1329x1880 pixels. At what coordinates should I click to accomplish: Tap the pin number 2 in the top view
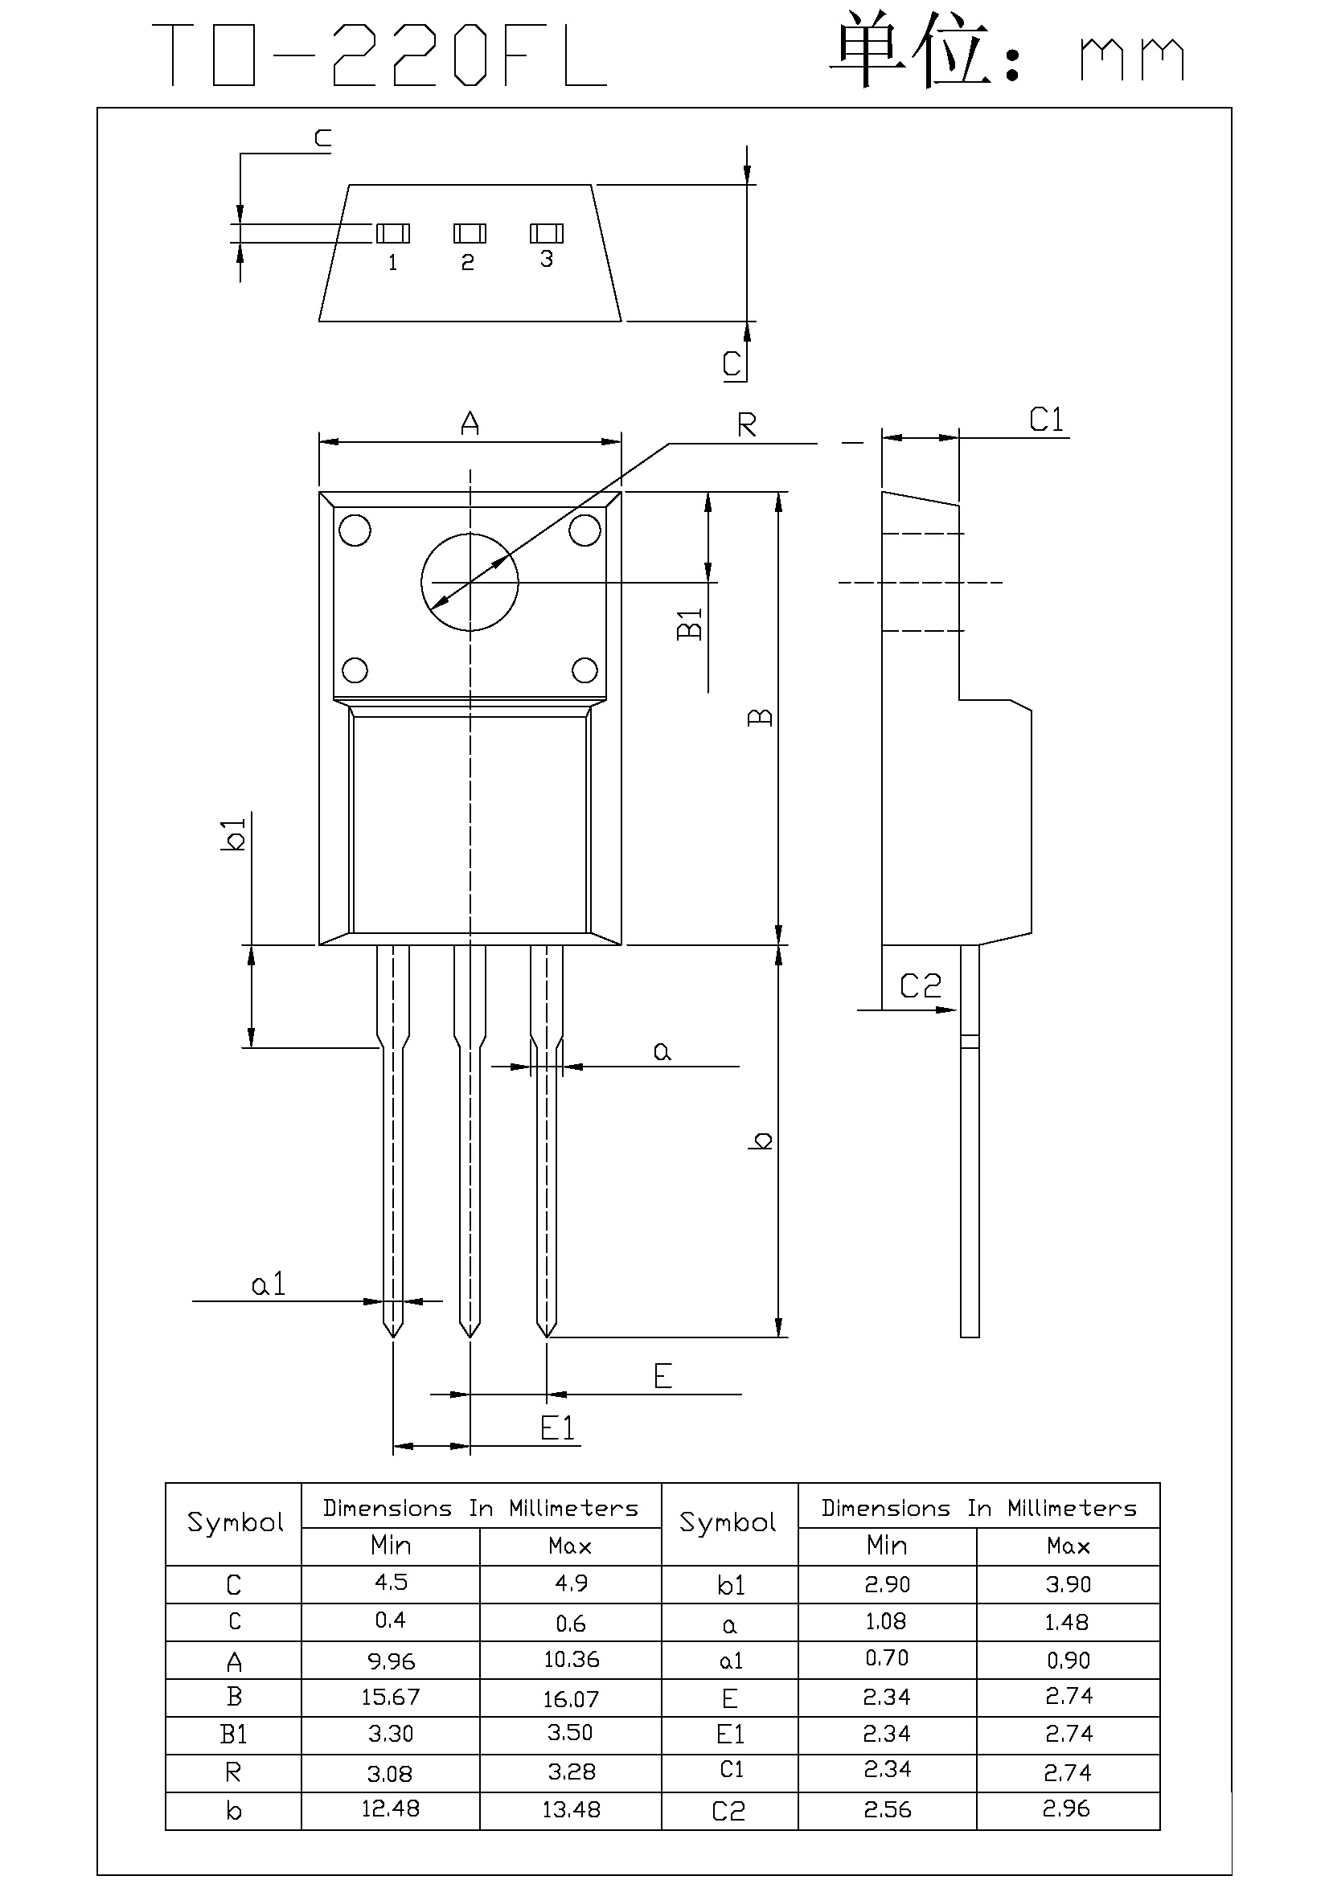click(x=468, y=262)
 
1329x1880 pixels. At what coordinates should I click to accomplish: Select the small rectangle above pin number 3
click(x=546, y=233)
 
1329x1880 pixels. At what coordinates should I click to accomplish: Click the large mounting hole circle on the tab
click(x=470, y=582)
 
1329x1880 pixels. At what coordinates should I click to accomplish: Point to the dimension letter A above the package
click(x=470, y=424)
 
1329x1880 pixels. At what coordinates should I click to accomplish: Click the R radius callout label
click(x=747, y=425)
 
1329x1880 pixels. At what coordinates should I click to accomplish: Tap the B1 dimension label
click(x=691, y=623)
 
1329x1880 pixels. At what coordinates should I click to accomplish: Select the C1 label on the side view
click(x=1047, y=420)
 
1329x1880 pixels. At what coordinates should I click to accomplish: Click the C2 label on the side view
click(x=921, y=986)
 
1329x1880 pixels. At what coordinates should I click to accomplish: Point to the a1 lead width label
click(x=269, y=1284)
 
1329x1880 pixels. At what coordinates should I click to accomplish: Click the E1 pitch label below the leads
click(x=558, y=1429)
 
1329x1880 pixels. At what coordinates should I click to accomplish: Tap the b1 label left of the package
click(x=234, y=834)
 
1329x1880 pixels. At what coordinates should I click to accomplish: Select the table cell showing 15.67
click(x=391, y=1698)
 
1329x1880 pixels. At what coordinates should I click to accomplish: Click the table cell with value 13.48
click(x=571, y=1809)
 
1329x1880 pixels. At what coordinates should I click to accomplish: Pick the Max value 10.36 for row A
click(x=571, y=1660)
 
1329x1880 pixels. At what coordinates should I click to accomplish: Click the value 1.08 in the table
click(x=886, y=1621)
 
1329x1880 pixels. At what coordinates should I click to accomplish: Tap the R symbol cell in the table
click(x=233, y=1772)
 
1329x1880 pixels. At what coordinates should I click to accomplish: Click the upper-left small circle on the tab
click(x=355, y=530)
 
